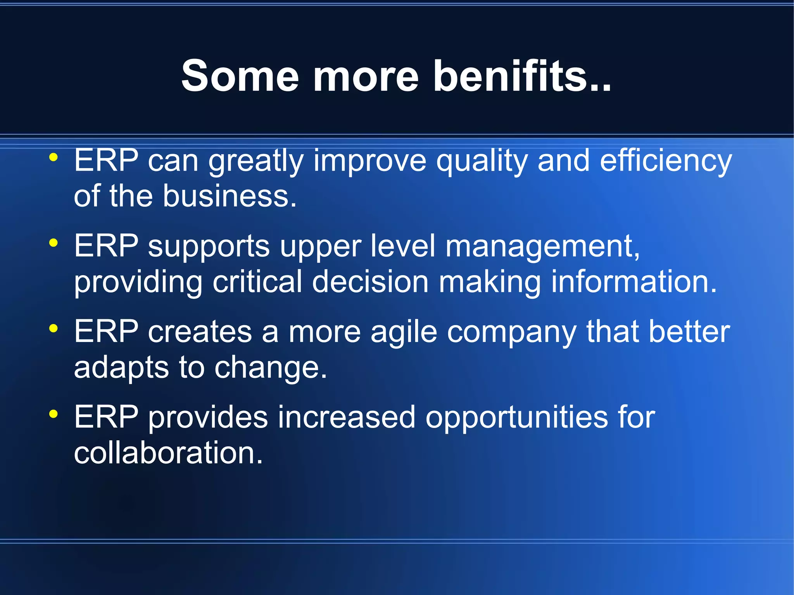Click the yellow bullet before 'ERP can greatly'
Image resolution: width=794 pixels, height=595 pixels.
pyautogui.click(x=54, y=158)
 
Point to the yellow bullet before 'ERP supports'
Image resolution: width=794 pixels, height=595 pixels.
pyautogui.click(x=54, y=243)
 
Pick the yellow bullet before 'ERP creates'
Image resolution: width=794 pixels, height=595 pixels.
pyautogui.click(x=54, y=329)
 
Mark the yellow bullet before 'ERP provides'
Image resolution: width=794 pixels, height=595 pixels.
pyautogui.click(x=54, y=414)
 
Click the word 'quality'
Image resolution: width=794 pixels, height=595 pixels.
pyautogui.click(x=482, y=161)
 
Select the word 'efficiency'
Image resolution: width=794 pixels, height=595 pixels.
pyautogui.click(x=666, y=161)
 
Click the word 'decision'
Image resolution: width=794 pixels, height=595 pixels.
pyautogui.click(x=370, y=282)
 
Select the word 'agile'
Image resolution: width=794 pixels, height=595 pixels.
pyautogui.click(x=404, y=333)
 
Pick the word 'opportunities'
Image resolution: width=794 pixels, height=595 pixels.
pyautogui.click(x=517, y=418)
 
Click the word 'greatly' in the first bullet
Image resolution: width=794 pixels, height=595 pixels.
pyautogui.click(x=256, y=161)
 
